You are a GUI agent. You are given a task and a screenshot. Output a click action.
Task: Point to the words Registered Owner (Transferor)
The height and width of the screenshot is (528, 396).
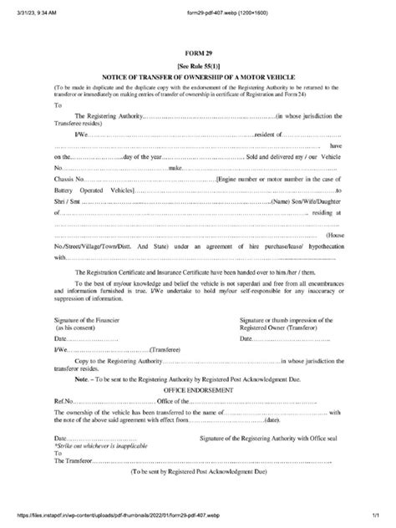click(280, 328)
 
